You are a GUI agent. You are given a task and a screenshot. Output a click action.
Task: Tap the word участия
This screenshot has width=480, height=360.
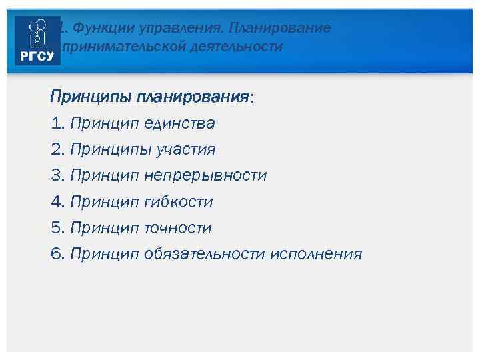[185, 149]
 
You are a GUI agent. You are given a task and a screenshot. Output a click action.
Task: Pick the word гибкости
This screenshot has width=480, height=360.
[178, 201]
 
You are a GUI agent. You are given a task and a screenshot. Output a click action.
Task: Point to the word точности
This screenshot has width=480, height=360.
[177, 228]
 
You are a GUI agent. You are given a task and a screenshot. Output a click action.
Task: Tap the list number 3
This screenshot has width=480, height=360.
[56, 175]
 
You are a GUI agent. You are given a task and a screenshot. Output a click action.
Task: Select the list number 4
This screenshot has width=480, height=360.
[56, 201]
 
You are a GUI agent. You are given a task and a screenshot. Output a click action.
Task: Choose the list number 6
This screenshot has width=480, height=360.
[56, 254]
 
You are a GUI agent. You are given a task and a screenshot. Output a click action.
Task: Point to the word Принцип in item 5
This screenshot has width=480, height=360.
[105, 228]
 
